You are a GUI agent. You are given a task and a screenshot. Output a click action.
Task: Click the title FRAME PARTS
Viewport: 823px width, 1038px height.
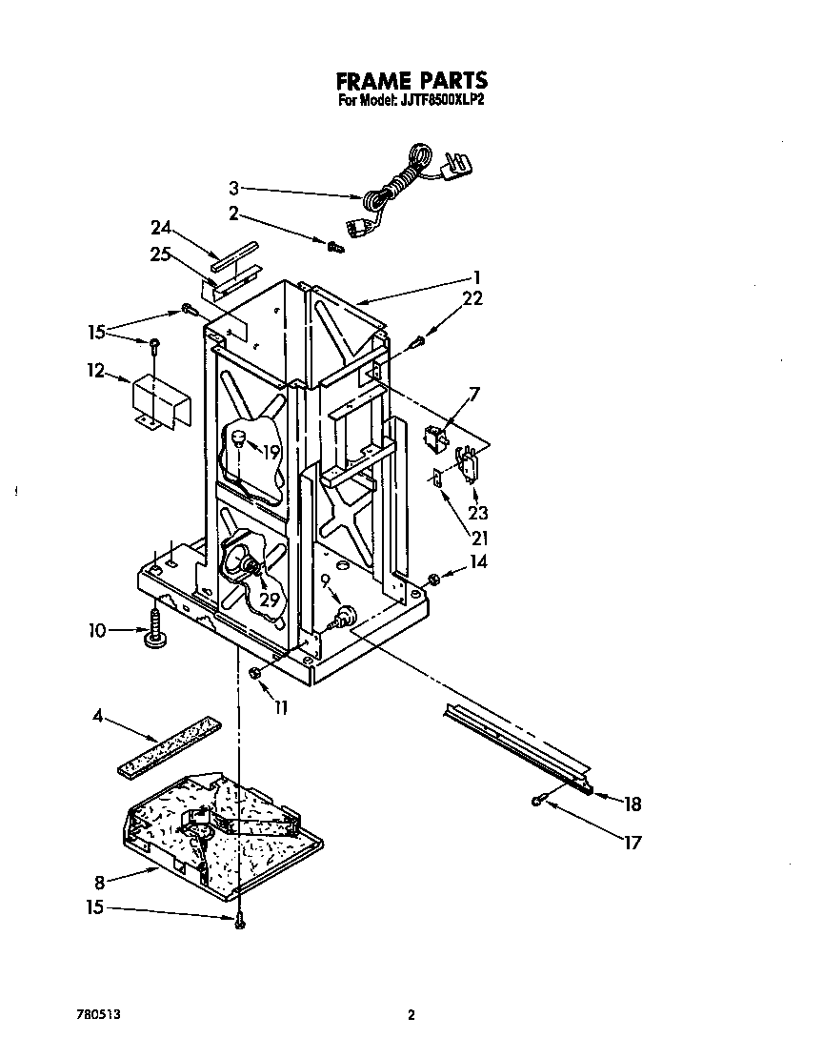tap(411, 80)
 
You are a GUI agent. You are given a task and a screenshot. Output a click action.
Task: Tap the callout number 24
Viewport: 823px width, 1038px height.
tap(161, 228)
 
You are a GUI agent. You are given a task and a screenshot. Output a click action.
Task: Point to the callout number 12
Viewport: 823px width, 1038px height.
tap(96, 371)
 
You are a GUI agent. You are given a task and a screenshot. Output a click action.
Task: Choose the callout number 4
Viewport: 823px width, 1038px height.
tap(98, 716)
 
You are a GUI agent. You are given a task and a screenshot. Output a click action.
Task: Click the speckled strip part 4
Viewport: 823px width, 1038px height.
tap(169, 745)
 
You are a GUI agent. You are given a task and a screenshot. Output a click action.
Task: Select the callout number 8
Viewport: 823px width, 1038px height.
tap(99, 883)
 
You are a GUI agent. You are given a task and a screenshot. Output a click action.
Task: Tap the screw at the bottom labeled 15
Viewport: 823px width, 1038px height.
tap(239, 921)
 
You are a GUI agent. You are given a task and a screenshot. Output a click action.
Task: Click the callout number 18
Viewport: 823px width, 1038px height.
tap(632, 804)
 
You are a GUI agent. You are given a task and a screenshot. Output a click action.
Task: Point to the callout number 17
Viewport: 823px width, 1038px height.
tap(632, 842)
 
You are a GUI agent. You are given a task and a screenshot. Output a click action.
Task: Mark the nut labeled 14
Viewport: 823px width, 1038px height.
tap(434, 580)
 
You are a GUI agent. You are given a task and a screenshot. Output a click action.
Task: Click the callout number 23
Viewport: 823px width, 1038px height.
tap(477, 513)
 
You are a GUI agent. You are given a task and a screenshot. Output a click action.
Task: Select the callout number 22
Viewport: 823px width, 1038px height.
tap(472, 298)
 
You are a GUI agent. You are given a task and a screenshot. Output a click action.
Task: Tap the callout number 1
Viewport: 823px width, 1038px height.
tap(477, 277)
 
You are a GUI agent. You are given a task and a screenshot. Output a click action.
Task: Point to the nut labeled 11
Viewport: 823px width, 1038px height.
tap(254, 673)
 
